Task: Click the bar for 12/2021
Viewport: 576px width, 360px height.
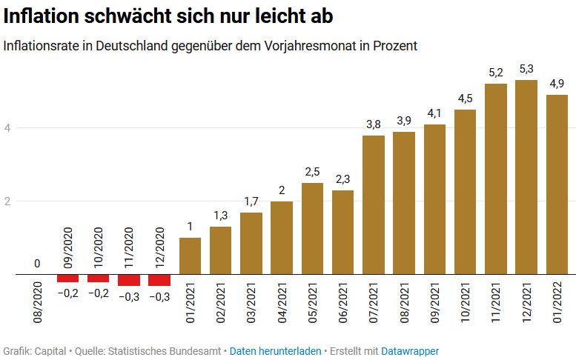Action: (x=526, y=178)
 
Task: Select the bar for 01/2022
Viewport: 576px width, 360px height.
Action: (x=556, y=185)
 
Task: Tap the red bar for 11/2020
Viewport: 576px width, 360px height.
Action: (x=129, y=280)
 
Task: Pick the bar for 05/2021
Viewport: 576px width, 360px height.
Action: (x=312, y=229)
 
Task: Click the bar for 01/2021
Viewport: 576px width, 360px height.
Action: (x=190, y=256)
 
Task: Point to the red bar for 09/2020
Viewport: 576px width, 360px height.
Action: (x=68, y=279)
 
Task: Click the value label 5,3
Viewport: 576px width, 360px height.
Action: (x=526, y=69)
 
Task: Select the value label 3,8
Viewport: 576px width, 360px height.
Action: (x=374, y=124)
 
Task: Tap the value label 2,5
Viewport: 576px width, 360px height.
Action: (x=312, y=171)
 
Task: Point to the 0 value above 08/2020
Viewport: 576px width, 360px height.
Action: (x=37, y=263)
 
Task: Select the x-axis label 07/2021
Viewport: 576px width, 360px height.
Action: (x=374, y=304)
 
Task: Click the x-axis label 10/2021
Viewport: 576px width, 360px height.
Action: (x=465, y=304)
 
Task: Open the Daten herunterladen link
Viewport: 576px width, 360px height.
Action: (x=274, y=350)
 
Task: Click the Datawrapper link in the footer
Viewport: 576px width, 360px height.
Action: (x=410, y=350)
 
